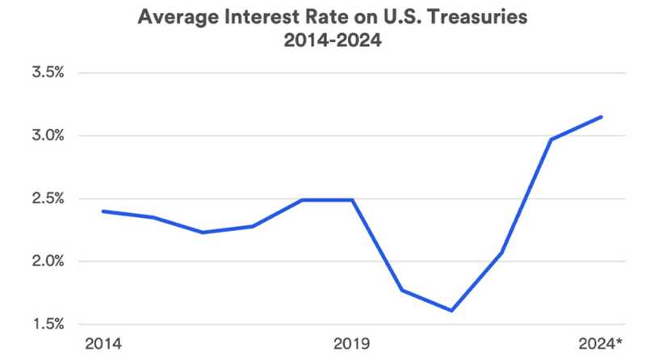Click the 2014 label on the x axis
click(x=103, y=345)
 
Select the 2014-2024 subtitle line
click(x=323, y=39)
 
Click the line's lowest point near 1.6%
click(x=451, y=311)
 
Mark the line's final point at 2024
click(x=602, y=117)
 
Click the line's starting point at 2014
click(x=103, y=211)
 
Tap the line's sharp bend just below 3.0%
click(x=552, y=139)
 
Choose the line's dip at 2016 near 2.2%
click(x=202, y=232)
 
